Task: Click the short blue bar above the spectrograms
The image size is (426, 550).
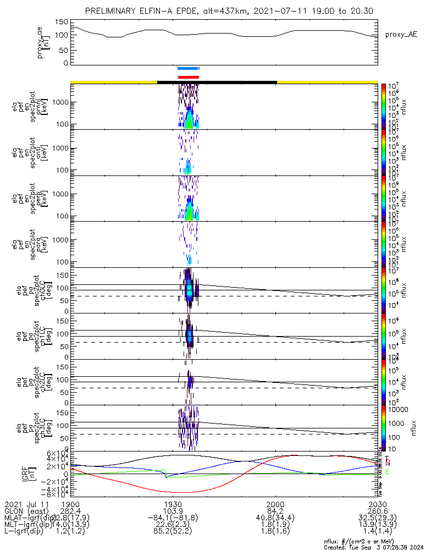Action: click(x=188, y=68)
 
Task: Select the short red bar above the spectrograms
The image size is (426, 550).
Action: click(x=188, y=77)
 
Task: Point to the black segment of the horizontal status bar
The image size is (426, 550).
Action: click(x=217, y=82)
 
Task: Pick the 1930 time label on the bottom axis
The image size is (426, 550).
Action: click(x=173, y=503)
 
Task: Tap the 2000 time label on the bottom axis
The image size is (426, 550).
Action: click(x=275, y=503)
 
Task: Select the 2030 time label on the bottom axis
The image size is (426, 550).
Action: click(x=377, y=503)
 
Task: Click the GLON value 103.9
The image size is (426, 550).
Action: click(x=173, y=510)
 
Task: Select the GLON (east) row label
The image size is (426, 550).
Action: click(x=27, y=510)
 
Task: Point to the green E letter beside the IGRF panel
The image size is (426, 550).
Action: click(x=388, y=472)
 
